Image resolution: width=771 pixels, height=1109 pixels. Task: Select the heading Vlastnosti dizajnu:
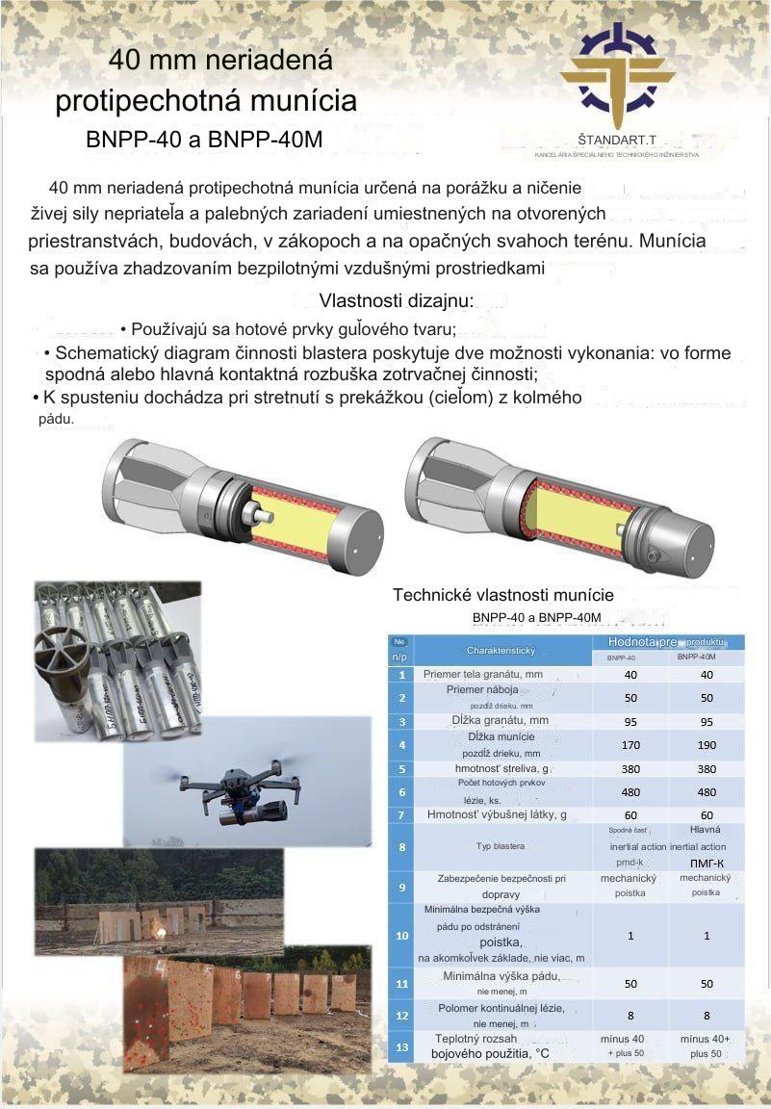pos(396,300)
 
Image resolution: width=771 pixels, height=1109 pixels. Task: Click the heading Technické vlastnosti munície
pos(502,595)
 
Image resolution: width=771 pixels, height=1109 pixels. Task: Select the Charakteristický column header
pos(501,650)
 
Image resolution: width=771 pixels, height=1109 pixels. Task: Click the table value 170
pos(630,744)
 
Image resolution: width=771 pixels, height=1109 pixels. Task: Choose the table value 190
pos(706,744)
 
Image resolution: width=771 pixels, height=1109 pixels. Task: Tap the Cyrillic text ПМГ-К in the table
pos(707,863)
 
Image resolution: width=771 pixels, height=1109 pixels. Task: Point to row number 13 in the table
pos(401,1047)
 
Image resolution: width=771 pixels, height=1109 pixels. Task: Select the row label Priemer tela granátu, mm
pos(483,674)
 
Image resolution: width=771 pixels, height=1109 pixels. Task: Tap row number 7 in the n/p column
pos(401,815)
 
